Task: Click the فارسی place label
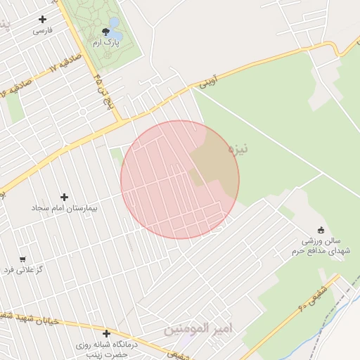pos(43,31)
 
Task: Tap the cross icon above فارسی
pos(43,20)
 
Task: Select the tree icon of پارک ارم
pos(106,32)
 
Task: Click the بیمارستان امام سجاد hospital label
pos(64,209)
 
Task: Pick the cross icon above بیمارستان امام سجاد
pos(65,198)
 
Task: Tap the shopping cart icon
pos(22,259)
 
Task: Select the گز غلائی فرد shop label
pos(24,270)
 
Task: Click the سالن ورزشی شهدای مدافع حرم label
pos(321,246)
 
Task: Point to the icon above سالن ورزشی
pos(321,229)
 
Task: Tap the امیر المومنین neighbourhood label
pos(198,328)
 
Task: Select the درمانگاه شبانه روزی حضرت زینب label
pos(106,350)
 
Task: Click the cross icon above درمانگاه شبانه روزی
pos(106,333)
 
